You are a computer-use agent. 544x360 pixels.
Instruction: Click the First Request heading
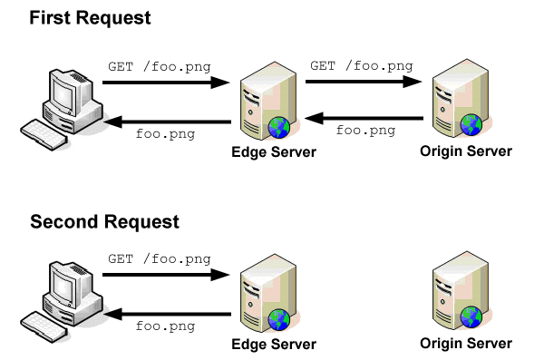[x=91, y=18]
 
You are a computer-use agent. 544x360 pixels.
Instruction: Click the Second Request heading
[x=104, y=221]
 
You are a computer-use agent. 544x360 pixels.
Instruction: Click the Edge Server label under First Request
[x=274, y=151]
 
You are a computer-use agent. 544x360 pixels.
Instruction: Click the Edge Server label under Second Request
[x=274, y=344]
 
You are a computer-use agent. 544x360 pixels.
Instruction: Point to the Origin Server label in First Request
[x=466, y=151]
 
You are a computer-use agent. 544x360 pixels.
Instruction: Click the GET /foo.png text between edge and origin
[x=362, y=65]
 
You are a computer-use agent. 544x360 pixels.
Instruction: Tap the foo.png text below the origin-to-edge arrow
[x=365, y=131]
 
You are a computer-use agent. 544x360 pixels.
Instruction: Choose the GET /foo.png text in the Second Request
[x=160, y=258]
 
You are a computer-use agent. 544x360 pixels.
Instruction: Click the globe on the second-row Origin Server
[x=471, y=316]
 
